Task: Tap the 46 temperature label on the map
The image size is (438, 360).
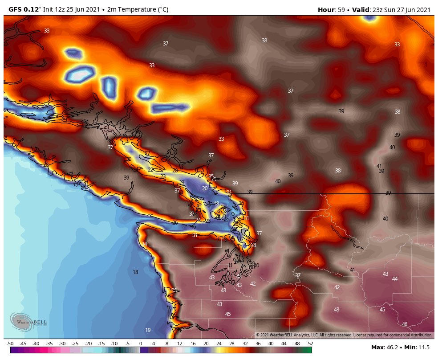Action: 405,324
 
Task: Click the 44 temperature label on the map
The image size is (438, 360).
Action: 395,278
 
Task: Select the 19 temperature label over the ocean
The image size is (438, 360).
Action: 148,330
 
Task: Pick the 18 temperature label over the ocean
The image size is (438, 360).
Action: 135,272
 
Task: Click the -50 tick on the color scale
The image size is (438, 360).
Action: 10,344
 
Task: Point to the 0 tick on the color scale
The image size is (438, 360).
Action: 141,344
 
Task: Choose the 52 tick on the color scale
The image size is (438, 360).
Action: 310,344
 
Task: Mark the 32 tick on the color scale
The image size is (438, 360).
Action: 245,344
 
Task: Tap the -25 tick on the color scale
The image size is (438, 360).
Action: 75,344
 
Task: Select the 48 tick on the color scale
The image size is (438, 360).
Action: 297,344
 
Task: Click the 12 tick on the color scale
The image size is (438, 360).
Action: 180,344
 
